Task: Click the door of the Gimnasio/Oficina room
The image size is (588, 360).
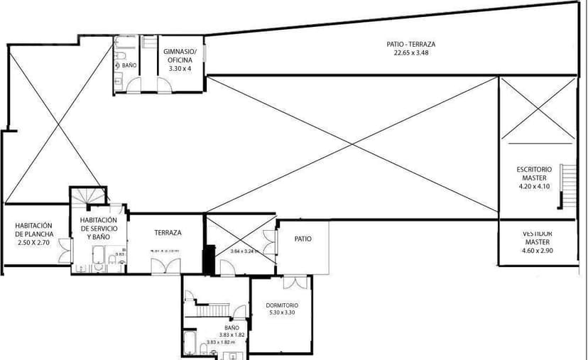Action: [x=164, y=85]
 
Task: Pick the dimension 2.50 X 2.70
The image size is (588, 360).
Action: [x=34, y=243]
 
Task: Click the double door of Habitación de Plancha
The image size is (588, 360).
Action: [x=65, y=249]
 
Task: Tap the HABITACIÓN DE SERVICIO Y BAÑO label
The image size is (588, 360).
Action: [x=99, y=229]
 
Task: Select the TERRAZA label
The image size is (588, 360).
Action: [x=168, y=232]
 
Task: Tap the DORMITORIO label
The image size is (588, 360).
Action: [x=283, y=305]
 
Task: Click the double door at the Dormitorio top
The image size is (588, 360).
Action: [x=292, y=283]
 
